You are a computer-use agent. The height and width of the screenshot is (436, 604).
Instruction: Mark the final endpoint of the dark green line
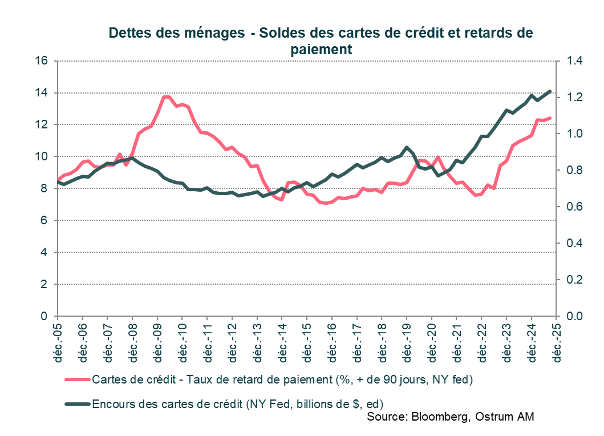[x=550, y=91]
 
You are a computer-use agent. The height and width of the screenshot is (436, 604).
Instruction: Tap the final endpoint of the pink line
[x=550, y=118]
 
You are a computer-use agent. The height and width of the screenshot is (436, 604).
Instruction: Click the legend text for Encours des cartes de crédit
[x=233, y=404]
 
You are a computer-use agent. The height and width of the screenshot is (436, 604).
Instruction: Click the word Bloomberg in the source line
[x=438, y=417]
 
